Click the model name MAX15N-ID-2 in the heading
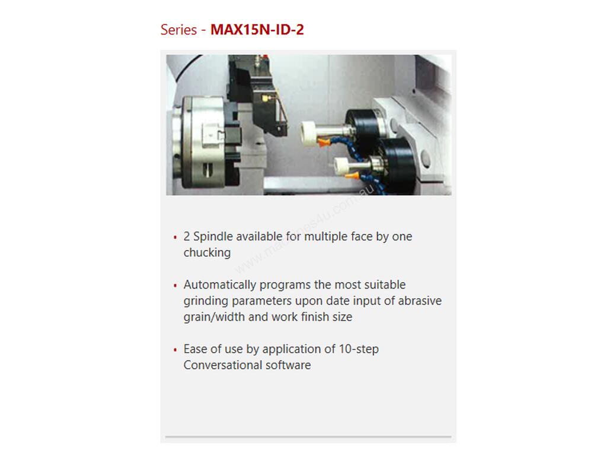(257, 30)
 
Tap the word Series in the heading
(179, 30)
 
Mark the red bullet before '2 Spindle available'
(175, 237)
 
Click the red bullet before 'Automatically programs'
(175, 286)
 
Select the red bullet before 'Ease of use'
(175, 350)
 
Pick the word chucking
(207, 253)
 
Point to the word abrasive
(420, 301)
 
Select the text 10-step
(359, 349)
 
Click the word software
(289, 365)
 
